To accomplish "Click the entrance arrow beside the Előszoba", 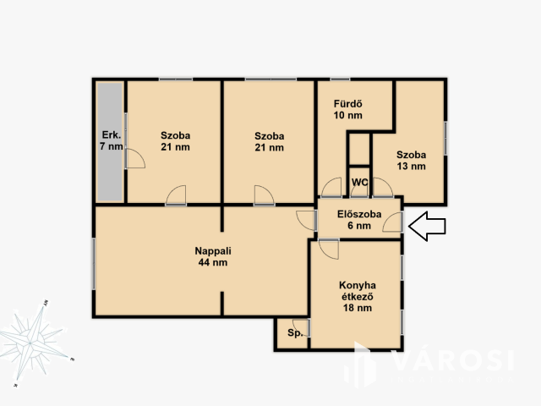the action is point(427,226).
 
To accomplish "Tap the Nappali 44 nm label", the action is point(213,256).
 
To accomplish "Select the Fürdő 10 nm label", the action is point(347,109).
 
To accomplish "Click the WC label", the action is point(359,182).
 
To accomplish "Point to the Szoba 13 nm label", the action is point(411,160).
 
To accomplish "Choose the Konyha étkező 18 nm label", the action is point(358,297).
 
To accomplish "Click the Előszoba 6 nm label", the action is point(359,220).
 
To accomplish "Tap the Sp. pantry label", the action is point(295,332).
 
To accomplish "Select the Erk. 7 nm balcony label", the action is point(111,140).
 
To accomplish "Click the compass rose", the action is point(32,343).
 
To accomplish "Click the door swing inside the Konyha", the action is point(329,250).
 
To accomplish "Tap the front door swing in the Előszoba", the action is point(392,222).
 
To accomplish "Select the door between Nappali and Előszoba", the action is point(306,220).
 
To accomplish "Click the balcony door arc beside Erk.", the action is point(135,158).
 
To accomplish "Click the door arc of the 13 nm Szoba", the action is point(383,188).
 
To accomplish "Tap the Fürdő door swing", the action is point(331,188).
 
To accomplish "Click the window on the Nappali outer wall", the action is point(94,264).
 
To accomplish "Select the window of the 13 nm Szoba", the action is point(445,138).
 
